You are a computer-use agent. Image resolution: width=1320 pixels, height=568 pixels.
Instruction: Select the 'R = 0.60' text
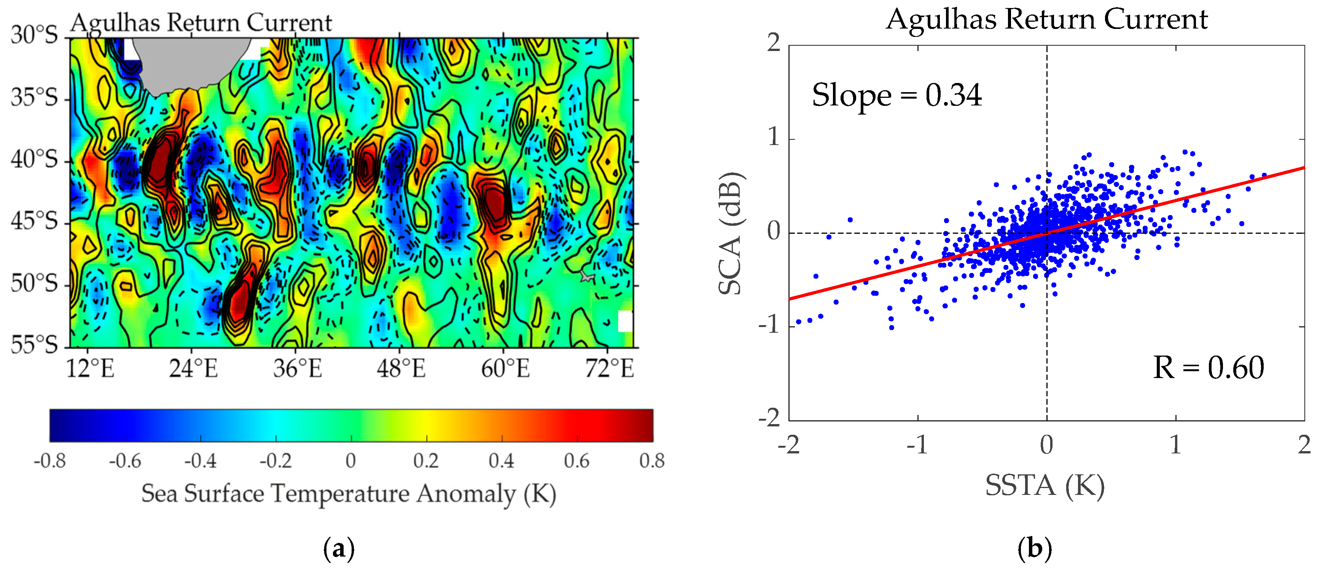point(1208,367)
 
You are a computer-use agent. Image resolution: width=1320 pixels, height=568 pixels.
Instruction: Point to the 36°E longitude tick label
point(297,369)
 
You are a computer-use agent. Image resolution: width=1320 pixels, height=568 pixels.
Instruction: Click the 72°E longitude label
point(609,369)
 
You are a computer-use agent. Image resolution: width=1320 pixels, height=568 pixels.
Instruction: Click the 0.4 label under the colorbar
point(501,460)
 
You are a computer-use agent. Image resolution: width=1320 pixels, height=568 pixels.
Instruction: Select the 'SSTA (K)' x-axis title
point(1045,485)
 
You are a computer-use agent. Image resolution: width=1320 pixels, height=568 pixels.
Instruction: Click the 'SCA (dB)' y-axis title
point(730,233)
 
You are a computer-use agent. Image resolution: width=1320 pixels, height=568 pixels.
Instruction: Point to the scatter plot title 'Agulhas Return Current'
point(1046,19)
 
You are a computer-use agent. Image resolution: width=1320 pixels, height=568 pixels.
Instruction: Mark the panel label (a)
point(339,549)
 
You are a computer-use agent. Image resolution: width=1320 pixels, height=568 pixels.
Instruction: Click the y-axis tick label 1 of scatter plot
point(774,137)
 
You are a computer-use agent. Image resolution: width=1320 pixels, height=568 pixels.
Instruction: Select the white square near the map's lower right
point(625,321)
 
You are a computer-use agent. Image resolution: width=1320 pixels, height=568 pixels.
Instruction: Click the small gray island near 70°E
point(587,277)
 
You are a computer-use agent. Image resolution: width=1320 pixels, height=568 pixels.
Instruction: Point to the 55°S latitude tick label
point(34,345)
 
